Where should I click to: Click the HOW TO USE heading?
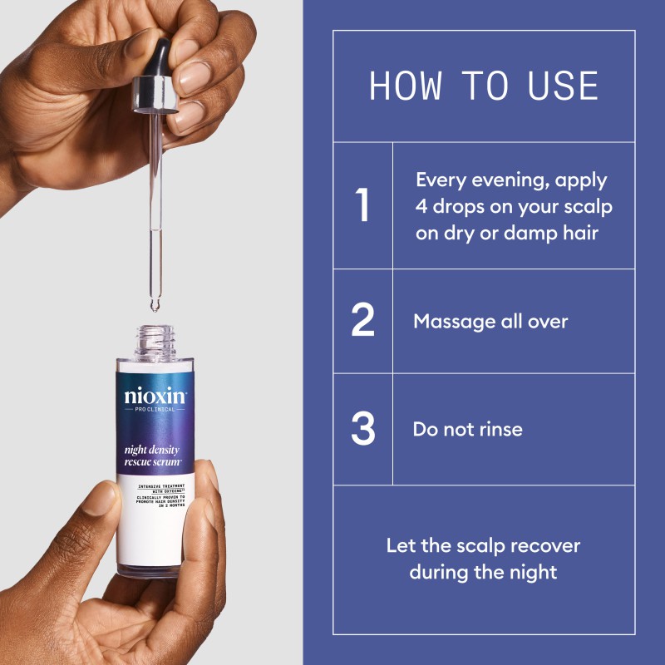pos(484,86)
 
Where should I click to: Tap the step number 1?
pos(362,206)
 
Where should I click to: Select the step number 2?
pos(362,321)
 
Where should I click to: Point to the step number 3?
pos(362,429)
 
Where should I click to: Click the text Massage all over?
pos(490,321)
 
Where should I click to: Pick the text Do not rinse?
pos(468,429)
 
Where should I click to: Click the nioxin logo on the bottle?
pos(156,397)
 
